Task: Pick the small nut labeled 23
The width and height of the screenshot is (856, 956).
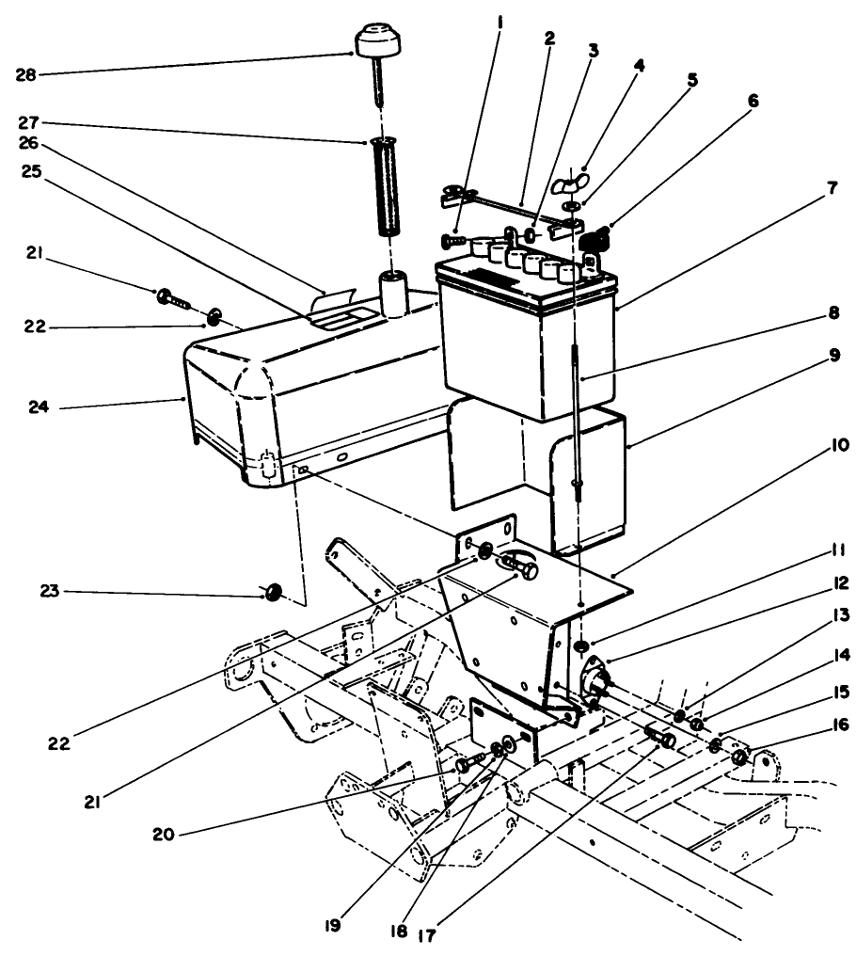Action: point(275,591)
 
